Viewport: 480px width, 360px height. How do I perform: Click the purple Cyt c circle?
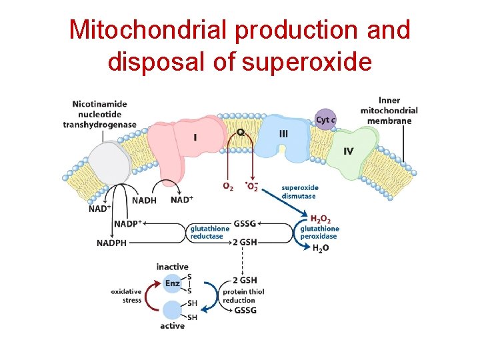325,120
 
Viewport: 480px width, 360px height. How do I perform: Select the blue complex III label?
284,133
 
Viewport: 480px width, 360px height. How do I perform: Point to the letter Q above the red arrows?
240,132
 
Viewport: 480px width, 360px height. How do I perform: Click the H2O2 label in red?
321,219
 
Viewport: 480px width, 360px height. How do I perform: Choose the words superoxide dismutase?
300,191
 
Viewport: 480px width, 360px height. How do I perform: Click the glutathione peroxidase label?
319,232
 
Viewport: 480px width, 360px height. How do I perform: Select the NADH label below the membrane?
144,200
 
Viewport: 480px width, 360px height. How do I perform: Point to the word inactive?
173,267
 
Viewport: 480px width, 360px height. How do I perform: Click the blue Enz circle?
173,283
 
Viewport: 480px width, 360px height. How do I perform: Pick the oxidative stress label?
126,296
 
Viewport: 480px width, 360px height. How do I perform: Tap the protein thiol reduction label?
243,296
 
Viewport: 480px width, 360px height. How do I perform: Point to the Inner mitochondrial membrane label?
389,111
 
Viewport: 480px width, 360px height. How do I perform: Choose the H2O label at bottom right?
321,248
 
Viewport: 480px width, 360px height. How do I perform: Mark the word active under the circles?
172,325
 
